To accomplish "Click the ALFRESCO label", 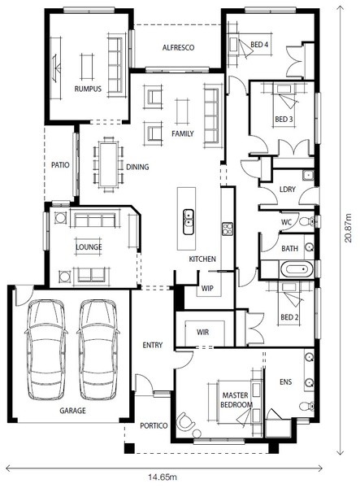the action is point(179,48).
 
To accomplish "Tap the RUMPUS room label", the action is point(88,89).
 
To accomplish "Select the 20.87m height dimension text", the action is point(348,228).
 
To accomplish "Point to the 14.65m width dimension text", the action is point(163,477).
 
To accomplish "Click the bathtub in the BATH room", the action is point(297,269).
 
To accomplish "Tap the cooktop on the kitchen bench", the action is point(228,229).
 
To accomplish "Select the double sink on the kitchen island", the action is point(189,221).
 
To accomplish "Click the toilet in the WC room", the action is point(307,221).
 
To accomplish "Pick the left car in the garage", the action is point(46,350).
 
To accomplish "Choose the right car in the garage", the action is point(98,350).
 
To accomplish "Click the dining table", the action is point(108,164).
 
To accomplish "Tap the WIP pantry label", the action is point(207,288).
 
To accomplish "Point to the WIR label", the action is point(202,332).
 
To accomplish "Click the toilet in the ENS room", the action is point(307,406).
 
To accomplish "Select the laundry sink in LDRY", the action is point(308,175).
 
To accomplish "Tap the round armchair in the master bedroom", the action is point(185,421).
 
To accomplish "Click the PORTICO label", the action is point(154,425).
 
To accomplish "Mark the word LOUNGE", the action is point(89,247).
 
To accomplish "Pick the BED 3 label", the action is point(284,120).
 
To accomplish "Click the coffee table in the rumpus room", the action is point(87,67).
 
